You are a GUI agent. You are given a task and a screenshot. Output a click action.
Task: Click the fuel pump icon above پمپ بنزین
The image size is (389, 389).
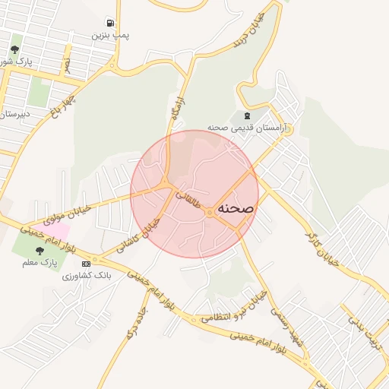coord(111,24)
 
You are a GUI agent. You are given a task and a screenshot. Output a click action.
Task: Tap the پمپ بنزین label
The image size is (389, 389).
coord(111,36)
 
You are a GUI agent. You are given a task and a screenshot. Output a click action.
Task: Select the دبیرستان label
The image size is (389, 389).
coord(14,115)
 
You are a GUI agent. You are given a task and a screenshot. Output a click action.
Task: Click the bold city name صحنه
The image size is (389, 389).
coord(236,207)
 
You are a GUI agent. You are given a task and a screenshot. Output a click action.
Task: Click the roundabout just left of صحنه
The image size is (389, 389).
coord(209,213)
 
